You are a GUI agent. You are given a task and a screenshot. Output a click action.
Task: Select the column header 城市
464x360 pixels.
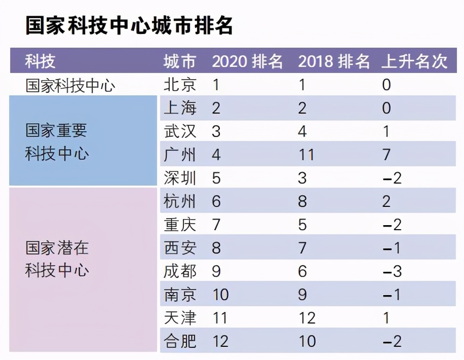pyautogui.click(x=179, y=61)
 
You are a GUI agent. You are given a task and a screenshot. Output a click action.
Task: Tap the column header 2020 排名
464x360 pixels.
pyautogui.click(x=247, y=61)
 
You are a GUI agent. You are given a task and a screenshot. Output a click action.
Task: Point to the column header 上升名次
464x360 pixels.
pyautogui.click(x=415, y=61)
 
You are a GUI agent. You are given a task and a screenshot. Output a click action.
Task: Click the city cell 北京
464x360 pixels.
pyautogui.click(x=180, y=85)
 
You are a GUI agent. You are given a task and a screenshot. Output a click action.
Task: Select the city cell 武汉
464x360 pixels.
pyautogui.click(x=180, y=131)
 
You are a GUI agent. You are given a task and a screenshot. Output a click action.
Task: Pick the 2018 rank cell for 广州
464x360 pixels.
pyautogui.click(x=306, y=155)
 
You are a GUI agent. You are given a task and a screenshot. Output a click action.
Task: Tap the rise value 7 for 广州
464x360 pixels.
pyautogui.click(x=386, y=155)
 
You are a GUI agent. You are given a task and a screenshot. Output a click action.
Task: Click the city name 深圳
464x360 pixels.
pyautogui.click(x=180, y=178)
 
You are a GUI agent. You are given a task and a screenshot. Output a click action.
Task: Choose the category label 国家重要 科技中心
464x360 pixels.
pyautogui.click(x=56, y=142)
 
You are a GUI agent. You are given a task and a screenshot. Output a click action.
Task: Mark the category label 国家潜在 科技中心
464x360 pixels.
pyautogui.click(x=57, y=259)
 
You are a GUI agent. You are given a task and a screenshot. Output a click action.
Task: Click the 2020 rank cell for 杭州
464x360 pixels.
pyautogui.click(x=216, y=201)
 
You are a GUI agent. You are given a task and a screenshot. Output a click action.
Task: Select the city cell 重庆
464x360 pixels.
pyautogui.click(x=180, y=225)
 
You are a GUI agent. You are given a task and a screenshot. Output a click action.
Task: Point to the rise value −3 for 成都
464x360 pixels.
pyautogui.click(x=392, y=271)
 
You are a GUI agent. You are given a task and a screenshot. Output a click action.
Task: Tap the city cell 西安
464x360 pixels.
pyautogui.click(x=180, y=248)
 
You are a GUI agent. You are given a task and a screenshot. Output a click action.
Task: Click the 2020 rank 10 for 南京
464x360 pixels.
pyautogui.click(x=220, y=295)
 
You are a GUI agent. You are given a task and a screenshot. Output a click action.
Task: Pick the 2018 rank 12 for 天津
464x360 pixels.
pyautogui.click(x=306, y=318)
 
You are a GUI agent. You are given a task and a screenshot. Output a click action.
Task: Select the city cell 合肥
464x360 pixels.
pyautogui.click(x=180, y=341)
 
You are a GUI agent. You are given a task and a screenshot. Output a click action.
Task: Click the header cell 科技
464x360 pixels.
pyautogui.click(x=41, y=61)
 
